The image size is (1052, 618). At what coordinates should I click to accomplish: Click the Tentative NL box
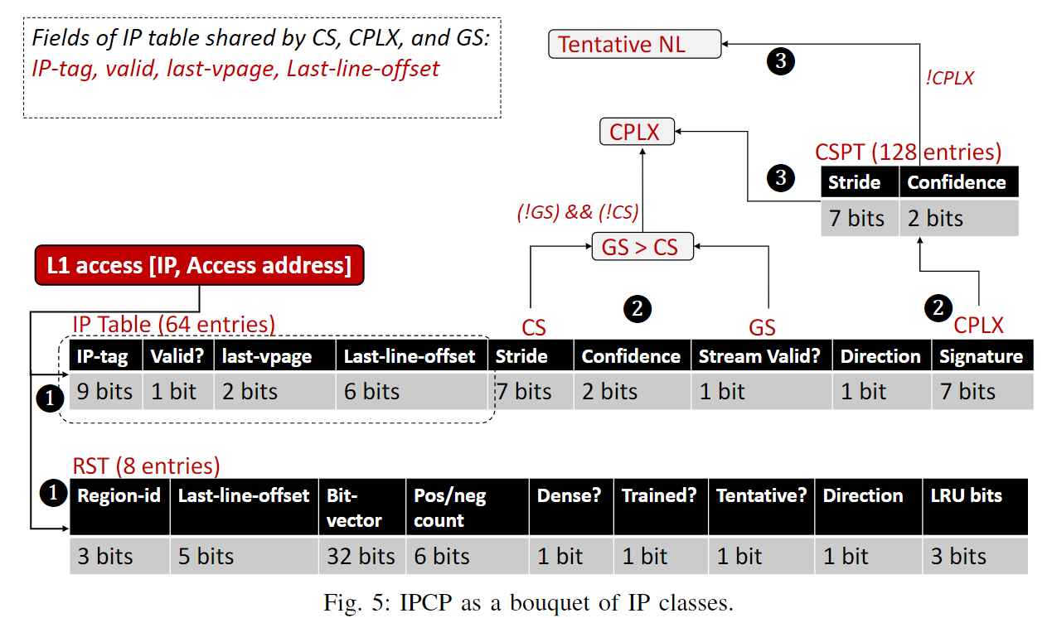(x=634, y=44)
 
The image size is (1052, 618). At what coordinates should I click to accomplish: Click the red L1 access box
(x=200, y=265)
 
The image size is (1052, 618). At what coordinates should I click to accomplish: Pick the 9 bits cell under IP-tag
(x=104, y=391)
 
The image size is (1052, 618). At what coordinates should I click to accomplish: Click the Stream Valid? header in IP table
(x=759, y=356)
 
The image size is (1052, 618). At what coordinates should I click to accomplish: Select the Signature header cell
(x=981, y=356)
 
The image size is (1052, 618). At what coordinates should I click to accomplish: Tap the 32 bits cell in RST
(x=361, y=556)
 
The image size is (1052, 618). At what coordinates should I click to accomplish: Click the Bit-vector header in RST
(x=361, y=507)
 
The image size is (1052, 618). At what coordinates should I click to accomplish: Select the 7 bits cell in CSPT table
(x=857, y=219)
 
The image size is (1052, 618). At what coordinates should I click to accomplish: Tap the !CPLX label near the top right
(x=948, y=79)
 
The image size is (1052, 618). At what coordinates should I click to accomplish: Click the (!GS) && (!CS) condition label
(x=577, y=212)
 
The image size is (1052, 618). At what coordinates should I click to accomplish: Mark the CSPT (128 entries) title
(x=908, y=152)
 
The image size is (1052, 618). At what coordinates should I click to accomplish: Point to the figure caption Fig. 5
(x=528, y=602)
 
